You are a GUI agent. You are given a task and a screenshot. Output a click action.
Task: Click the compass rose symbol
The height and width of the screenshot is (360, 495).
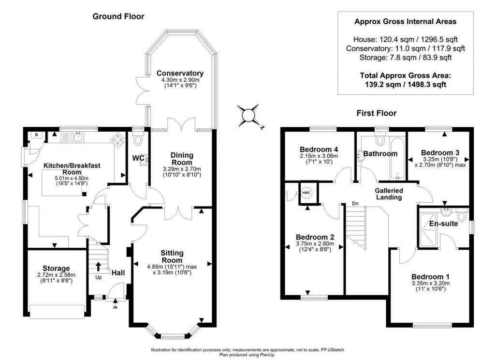tap(248, 116)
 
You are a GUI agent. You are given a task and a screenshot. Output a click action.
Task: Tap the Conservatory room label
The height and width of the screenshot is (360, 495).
tap(180, 73)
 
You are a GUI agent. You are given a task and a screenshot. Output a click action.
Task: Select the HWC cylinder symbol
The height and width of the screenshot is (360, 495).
tap(306, 193)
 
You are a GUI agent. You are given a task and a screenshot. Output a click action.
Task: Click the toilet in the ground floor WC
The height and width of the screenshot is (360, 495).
tap(139, 139)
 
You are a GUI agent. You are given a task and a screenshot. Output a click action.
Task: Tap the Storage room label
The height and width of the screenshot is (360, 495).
tap(56, 268)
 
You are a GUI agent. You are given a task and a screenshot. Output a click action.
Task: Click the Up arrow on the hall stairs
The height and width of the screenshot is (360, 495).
tap(99, 266)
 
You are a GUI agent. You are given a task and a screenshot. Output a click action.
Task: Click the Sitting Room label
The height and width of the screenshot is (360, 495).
tap(172, 256)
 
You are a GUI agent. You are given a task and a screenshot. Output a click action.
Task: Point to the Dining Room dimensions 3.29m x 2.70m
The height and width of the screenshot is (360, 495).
tap(182, 168)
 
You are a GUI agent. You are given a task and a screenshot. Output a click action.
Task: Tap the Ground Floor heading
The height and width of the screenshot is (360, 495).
tap(118, 16)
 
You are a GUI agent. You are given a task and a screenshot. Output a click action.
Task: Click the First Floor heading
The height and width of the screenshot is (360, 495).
tap(376, 113)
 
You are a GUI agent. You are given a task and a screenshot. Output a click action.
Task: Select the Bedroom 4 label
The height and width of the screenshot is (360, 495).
tap(319, 149)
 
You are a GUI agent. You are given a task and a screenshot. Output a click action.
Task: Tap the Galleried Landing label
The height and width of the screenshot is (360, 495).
tap(389, 194)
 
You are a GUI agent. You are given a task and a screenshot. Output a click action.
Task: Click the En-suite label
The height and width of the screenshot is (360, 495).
tap(443, 224)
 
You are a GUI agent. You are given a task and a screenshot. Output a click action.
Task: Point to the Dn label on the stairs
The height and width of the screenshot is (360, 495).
tap(355, 203)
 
